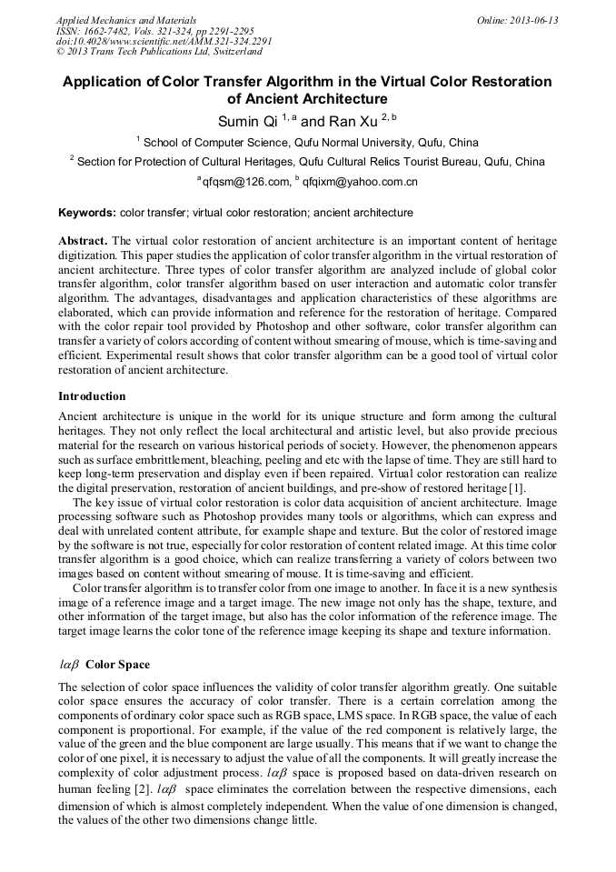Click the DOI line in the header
164,42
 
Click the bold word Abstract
84,241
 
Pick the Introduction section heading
92,396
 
